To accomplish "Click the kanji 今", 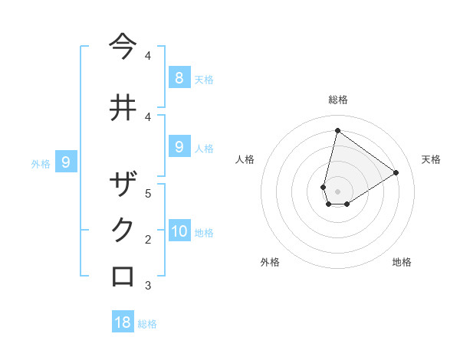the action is click(x=123, y=47).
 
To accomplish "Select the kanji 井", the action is click(x=123, y=107).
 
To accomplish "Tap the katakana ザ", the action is click(x=123, y=185).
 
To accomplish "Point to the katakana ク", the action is click(x=123, y=230).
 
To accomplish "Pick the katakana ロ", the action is click(x=123, y=276).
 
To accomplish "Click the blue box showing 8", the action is click(x=179, y=77).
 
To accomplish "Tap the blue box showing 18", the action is click(x=123, y=322).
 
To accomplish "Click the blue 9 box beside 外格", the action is click(x=66, y=162).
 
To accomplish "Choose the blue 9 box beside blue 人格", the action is click(x=179, y=146).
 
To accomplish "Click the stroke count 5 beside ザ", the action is click(x=148, y=193).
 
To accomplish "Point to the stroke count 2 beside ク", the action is click(x=148, y=240).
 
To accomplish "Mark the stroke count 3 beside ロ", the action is click(x=148, y=286).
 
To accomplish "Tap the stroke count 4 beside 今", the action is click(x=148, y=56).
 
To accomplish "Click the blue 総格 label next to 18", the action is click(x=147, y=324).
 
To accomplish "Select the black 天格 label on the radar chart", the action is click(x=431, y=159).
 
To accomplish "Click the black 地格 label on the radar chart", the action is click(x=402, y=262).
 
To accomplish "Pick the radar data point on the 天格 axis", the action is click(x=396, y=172).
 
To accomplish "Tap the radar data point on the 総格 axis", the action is click(x=337, y=130).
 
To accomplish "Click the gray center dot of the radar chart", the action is click(x=337, y=191).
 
